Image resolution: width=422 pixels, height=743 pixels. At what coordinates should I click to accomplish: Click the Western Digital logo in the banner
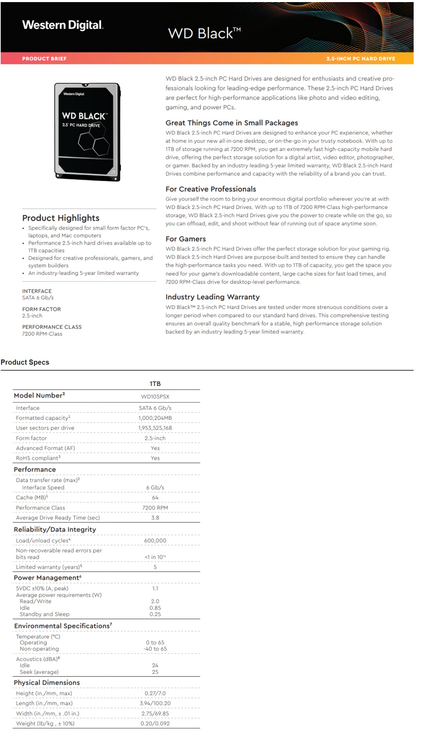tap(63, 25)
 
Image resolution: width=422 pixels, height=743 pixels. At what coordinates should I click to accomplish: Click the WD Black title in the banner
tap(204, 33)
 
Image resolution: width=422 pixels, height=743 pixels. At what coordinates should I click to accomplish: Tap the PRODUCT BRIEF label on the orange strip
tap(44, 59)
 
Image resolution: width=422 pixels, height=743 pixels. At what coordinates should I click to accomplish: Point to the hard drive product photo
tap(87, 132)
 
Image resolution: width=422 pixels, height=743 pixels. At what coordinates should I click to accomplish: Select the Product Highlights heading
tap(61, 218)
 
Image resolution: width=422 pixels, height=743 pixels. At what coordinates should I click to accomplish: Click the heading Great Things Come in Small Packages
tap(232, 123)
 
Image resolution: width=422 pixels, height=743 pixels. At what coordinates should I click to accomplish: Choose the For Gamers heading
tap(186, 239)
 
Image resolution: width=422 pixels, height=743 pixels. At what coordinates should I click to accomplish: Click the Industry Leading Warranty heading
tap(212, 297)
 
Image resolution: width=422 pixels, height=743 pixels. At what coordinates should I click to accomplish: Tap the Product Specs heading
tap(25, 362)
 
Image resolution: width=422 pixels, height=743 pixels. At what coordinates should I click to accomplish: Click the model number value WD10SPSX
tap(155, 396)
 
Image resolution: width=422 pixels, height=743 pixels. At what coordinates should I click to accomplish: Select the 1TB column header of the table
tap(155, 384)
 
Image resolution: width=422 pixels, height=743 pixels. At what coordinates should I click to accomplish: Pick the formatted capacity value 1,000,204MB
tap(155, 418)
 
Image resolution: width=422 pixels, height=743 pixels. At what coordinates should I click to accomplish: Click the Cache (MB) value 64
tap(155, 498)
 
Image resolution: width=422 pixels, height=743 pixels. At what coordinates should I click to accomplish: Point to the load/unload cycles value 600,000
tap(155, 540)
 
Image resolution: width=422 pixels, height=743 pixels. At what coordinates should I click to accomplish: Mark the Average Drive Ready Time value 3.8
tap(155, 518)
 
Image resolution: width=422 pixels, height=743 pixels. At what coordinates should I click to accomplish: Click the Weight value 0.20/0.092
tap(155, 723)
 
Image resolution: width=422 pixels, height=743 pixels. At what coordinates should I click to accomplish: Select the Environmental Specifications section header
tap(63, 626)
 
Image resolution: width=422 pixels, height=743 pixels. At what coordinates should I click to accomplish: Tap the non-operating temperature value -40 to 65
tap(155, 649)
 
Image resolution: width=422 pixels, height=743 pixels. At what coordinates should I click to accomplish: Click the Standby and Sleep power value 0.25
tap(155, 614)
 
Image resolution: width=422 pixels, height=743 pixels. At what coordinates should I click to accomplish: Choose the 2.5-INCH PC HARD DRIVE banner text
tap(361, 59)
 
